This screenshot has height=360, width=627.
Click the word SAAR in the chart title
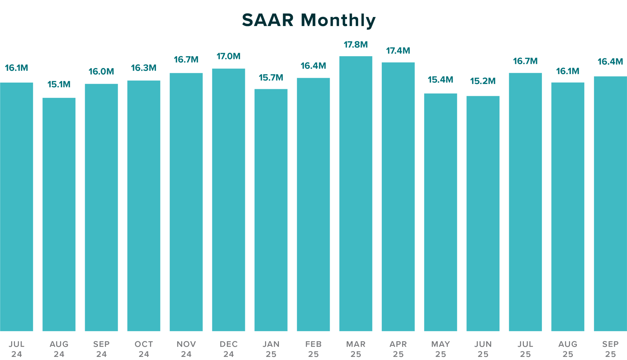tap(267, 20)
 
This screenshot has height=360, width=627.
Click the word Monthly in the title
tap(338, 21)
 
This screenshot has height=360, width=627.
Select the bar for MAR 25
tap(356, 193)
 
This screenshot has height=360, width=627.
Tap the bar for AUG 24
tap(59, 214)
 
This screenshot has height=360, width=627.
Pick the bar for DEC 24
tap(229, 200)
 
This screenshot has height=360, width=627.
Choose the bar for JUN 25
tap(483, 214)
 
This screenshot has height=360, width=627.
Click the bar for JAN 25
tap(271, 210)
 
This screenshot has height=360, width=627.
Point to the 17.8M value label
tap(356, 45)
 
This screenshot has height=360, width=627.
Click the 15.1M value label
tap(59, 84)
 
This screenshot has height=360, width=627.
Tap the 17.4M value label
tap(398, 51)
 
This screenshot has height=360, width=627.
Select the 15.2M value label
tap(483, 81)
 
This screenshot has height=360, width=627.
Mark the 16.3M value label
tap(144, 68)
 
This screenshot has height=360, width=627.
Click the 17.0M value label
tap(229, 56)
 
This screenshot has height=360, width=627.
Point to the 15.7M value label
tap(271, 78)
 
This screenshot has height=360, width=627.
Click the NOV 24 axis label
tap(186, 349)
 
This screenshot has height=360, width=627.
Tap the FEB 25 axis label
tap(313, 349)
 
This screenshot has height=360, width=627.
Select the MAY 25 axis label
tap(440, 349)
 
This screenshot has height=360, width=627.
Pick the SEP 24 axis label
tap(101, 349)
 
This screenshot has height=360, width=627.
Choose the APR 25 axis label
tap(398, 349)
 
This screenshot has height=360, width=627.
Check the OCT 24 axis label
tap(144, 349)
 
